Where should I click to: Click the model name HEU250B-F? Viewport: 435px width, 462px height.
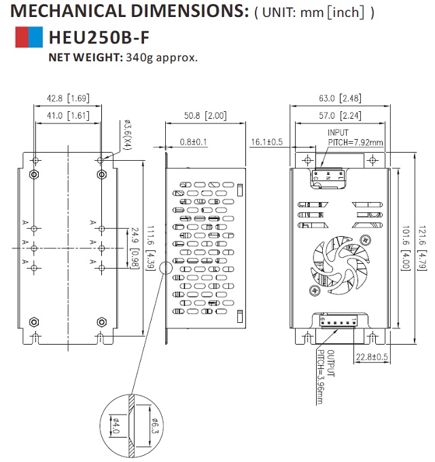click(x=99, y=37)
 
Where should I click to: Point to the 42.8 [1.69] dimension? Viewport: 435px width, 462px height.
click(x=67, y=98)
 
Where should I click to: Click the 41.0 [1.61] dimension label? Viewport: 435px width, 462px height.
click(x=67, y=115)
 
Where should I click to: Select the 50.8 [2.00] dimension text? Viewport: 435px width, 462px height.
click(x=205, y=115)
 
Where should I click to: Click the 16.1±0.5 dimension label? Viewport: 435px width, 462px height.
click(x=266, y=142)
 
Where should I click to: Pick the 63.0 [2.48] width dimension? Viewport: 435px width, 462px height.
click(x=340, y=98)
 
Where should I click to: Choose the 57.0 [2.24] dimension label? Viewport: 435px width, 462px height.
click(x=340, y=115)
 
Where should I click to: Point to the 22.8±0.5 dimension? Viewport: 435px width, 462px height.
click(x=371, y=357)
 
